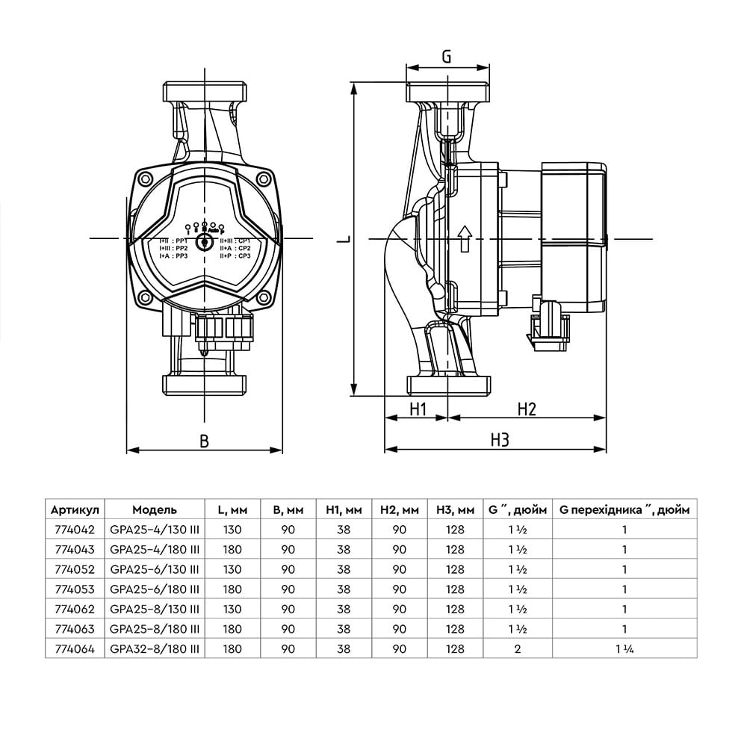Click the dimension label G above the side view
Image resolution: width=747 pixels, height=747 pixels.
coord(447,56)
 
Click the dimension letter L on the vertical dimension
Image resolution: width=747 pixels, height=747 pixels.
coord(342,239)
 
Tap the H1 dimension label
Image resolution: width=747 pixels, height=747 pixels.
coord(417,409)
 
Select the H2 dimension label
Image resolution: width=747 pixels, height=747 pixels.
coord(527,409)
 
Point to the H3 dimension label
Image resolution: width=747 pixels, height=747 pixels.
coord(500,440)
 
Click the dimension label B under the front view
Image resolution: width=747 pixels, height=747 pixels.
coord(204,441)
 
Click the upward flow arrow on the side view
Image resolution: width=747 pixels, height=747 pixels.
coord(463,238)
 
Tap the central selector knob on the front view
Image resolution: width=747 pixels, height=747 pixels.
coord(204,243)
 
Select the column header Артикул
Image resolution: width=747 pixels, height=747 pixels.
coord(74,510)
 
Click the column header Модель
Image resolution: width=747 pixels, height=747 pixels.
coord(155,510)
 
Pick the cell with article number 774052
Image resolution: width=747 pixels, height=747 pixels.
coord(74,568)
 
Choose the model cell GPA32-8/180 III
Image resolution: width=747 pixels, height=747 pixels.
coord(155,649)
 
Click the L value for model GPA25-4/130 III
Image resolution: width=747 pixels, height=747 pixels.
coord(232,530)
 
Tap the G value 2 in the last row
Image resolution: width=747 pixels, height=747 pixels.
coord(517,649)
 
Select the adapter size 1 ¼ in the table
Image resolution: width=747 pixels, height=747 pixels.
coord(624,649)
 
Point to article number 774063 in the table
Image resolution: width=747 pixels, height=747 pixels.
coord(74,629)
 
